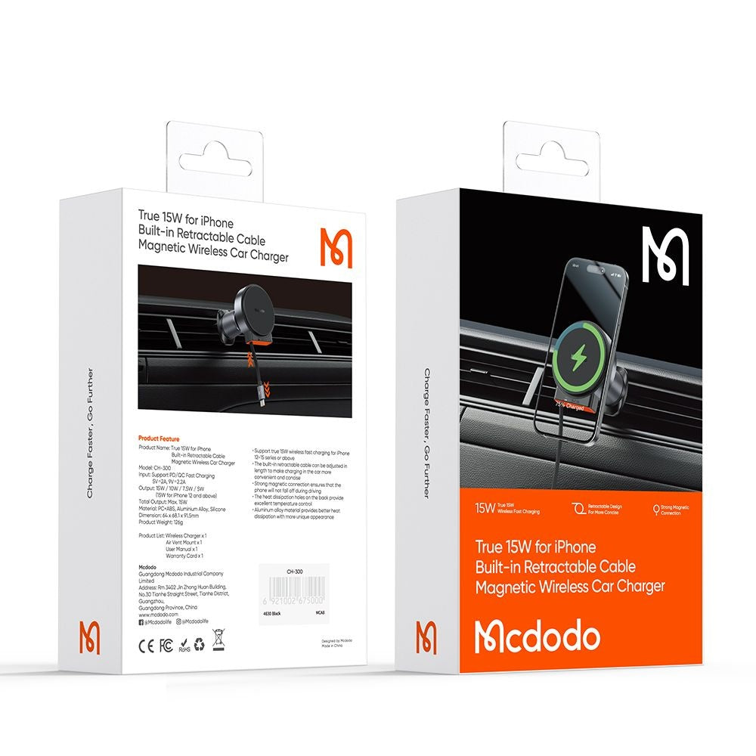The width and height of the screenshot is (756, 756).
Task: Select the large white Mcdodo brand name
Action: (537, 638)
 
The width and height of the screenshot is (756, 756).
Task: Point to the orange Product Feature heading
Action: (159, 438)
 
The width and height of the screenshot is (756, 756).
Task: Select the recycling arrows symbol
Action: (199, 644)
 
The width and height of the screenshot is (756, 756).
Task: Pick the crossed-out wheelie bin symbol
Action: (218, 643)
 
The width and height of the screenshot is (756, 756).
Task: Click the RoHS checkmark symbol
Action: (183, 645)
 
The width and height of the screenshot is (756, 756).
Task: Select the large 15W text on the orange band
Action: (485, 508)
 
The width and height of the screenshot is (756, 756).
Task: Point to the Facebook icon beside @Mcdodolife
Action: (141, 621)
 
